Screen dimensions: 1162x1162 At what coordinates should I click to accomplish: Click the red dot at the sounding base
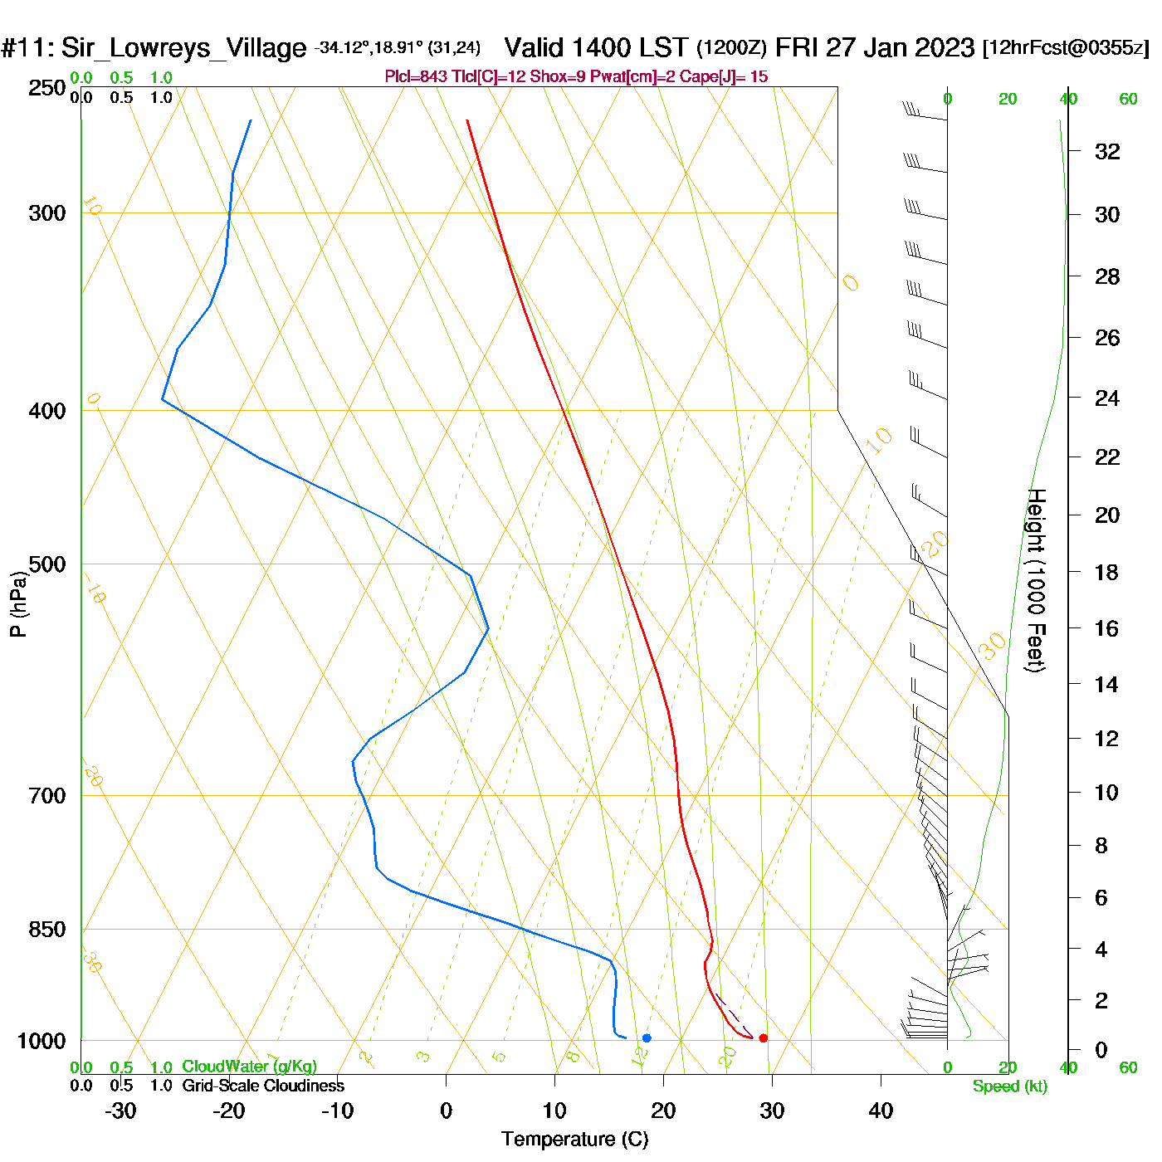[x=764, y=1037]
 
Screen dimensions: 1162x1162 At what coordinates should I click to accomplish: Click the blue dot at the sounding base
[x=647, y=1037]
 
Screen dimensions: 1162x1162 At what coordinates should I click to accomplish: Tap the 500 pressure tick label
[x=47, y=564]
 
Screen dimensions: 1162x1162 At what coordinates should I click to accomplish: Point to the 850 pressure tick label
[x=47, y=930]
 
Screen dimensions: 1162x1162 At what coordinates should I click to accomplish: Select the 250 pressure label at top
[x=47, y=88]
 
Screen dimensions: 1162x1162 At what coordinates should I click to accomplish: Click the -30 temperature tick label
[x=120, y=1111]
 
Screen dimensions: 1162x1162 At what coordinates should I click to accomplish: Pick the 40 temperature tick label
[x=881, y=1111]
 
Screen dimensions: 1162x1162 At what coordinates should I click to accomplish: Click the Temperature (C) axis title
[x=574, y=1140]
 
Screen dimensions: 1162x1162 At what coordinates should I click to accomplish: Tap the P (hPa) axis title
[x=18, y=604]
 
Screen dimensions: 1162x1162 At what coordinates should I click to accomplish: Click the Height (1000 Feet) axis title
[x=1036, y=580]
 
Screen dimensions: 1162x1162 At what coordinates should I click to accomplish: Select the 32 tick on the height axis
[x=1107, y=151]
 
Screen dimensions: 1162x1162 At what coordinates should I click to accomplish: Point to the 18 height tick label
[x=1107, y=572]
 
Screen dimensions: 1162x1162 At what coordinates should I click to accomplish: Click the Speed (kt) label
[x=1010, y=1086]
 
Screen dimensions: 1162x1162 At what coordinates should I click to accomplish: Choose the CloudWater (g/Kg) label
[x=249, y=1067]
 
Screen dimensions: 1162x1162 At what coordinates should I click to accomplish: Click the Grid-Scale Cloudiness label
[x=263, y=1086]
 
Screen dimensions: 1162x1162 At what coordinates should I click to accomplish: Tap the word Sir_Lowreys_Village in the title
[x=183, y=48]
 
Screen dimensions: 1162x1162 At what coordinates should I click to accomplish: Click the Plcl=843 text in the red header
[x=416, y=77]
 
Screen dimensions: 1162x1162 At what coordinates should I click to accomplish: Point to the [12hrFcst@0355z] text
[x=1066, y=47]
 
